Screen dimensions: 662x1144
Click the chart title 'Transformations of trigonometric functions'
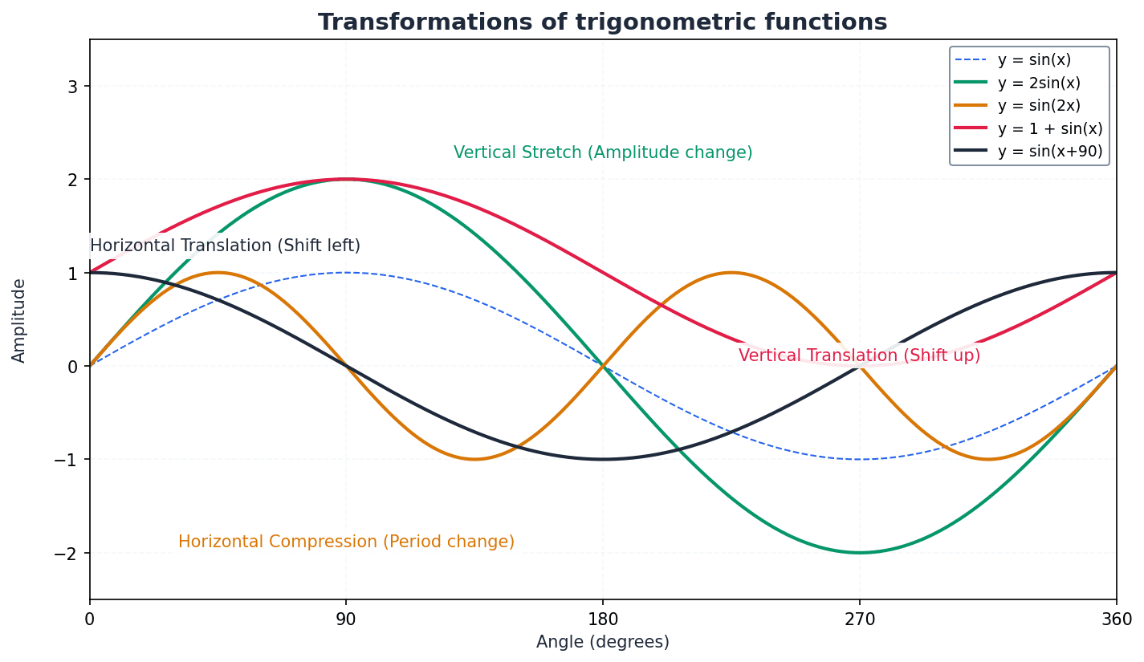pos(602,22)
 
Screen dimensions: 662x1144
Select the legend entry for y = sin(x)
pos(1033,60)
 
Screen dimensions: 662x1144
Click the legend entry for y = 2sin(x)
pos(1038,83)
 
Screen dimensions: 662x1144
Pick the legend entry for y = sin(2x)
pos(1038,106)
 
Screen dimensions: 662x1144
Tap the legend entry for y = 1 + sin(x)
pos(1049,129)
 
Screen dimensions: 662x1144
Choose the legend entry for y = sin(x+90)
pos(1049,152)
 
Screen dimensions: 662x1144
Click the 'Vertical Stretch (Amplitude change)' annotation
pos(603,153)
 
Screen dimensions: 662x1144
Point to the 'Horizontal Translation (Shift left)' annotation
pos(225,246)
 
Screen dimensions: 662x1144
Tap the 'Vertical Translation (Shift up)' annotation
pos(859,355)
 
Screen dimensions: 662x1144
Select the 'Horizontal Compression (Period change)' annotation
pos(346,542)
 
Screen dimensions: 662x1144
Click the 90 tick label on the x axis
pos(346,619)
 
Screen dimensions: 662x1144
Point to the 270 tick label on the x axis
pos(860,619)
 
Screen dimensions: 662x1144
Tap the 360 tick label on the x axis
pos(1116,619)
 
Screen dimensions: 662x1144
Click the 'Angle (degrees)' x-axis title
pos(602,643)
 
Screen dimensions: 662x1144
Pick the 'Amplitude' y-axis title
pos(19,320)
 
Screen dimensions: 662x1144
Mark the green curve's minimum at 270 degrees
pos(860,553)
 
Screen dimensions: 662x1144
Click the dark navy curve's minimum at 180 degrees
pos(603,460)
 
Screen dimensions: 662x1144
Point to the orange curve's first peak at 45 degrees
pos(218,273)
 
